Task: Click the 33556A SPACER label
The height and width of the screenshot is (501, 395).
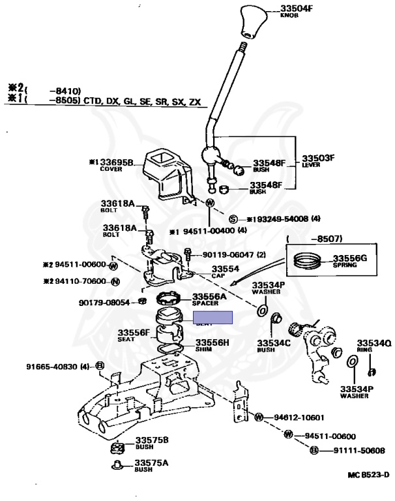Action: (209, 299)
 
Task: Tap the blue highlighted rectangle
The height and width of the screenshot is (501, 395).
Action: (213, 318)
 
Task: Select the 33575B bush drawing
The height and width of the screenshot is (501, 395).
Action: (119, 447)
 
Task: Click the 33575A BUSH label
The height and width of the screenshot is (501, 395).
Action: (151, 465)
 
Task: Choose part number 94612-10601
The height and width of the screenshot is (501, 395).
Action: (299, 417)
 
